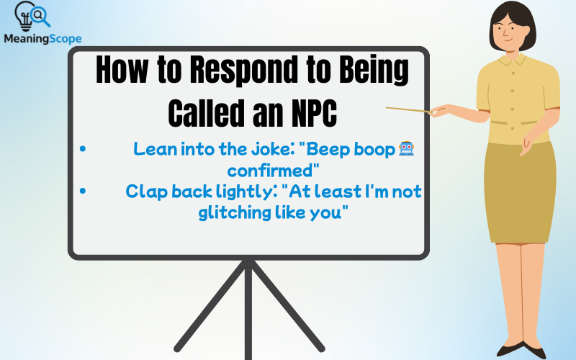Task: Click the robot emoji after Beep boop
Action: pos(407,150)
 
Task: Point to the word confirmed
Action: pos(273,171)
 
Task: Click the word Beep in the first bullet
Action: pos(328,150)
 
